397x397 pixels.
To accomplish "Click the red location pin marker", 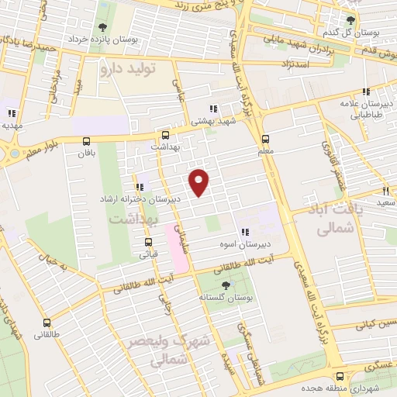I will (201, 181).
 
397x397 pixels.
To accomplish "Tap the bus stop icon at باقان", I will (85, 141).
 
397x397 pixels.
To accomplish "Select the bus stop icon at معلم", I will (266, 141).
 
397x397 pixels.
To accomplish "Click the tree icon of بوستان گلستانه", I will (226, 285).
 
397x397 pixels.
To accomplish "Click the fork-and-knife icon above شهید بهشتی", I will (213, 109).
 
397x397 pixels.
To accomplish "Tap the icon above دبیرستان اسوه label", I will (245, 232).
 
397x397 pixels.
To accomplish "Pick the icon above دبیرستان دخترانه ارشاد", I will (139, 187).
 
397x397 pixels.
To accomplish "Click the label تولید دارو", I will (128, 68).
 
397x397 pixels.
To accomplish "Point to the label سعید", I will (385, 202).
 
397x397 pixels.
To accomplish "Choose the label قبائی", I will (148, 254).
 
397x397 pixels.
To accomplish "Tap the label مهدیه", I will (12, 125).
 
